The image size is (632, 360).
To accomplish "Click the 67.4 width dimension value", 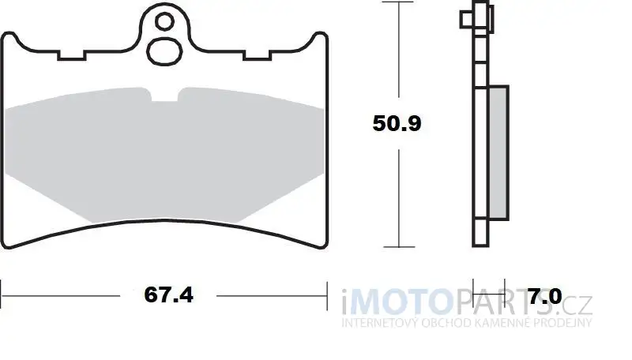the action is coord(168,294).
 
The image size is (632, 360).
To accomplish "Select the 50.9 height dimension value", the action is coord(397,123).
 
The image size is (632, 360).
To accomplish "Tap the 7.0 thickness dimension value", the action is coord(545,297).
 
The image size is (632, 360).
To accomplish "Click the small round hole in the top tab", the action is coord(164,21).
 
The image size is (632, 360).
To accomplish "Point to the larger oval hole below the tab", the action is coord(164,51).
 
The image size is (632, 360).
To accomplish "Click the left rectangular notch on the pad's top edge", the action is coord(72,55).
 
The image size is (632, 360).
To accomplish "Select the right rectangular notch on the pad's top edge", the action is coord(258,55).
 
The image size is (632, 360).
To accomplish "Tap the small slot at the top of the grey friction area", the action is coord(164,95).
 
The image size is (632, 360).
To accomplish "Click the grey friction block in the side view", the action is coord(498,152).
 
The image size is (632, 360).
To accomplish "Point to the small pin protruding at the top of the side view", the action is coord(467,19).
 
